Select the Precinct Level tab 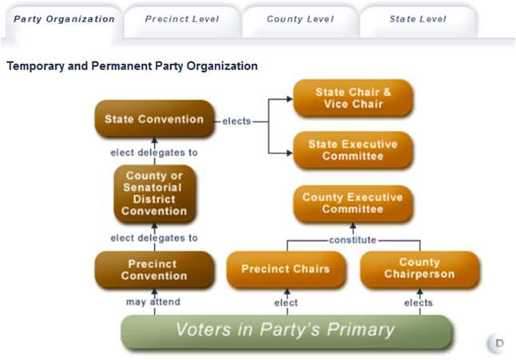181,19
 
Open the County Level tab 300,19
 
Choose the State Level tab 418,19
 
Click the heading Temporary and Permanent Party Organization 132,66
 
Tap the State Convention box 154,120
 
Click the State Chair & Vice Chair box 353,98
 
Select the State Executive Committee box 353,150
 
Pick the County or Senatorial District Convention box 154,194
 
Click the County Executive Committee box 352,203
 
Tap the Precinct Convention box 154,270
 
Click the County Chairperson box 419,269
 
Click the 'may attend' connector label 153,303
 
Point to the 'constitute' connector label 352,239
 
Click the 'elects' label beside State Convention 236,121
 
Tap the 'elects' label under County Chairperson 419,303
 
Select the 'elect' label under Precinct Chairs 286,303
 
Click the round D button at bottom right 498,343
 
